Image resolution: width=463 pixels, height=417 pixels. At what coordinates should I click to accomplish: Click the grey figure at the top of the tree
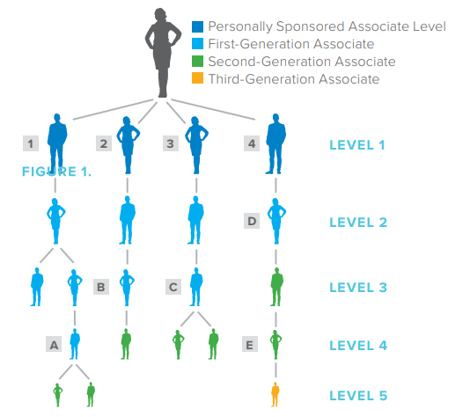tap(163, 53)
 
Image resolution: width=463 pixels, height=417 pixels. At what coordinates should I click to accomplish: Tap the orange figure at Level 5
tap(276, 395)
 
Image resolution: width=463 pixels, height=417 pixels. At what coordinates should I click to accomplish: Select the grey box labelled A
tap(54, 344)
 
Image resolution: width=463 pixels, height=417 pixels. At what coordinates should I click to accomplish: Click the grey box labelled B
tap(101, 287)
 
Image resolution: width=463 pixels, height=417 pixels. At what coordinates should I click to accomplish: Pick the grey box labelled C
tap(173, 287)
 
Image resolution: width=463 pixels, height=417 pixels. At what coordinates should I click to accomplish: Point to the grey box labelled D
tap(252, 221)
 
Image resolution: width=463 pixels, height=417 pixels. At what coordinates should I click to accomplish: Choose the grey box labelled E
tap(250, 344)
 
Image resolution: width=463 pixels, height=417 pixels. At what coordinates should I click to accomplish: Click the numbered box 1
tap(31, 143)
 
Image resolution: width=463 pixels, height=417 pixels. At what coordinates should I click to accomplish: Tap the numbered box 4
tap(252, 143)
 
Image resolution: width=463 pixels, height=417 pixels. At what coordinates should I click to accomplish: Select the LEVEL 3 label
tap(358, 288)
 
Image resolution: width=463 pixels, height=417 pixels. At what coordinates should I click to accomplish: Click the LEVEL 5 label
tap(358, 396)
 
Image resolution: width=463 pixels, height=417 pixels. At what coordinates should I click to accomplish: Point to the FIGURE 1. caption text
tap(56, 172)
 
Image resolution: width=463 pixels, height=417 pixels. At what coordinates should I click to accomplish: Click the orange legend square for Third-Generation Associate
tap(197, 78)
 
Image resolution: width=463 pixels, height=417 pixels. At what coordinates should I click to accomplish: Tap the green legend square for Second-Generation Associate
tap(197, 61)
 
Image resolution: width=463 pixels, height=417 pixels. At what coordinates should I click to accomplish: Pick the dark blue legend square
tap(197, 26)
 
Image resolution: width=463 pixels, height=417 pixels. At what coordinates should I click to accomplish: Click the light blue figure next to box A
tap(75, 344)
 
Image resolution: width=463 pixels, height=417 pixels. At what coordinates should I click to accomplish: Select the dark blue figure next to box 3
tap(196, 144)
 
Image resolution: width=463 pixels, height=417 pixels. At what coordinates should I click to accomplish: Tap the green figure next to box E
tap(276, 345)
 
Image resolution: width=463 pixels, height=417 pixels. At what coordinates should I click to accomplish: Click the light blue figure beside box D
tap(276, 221)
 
